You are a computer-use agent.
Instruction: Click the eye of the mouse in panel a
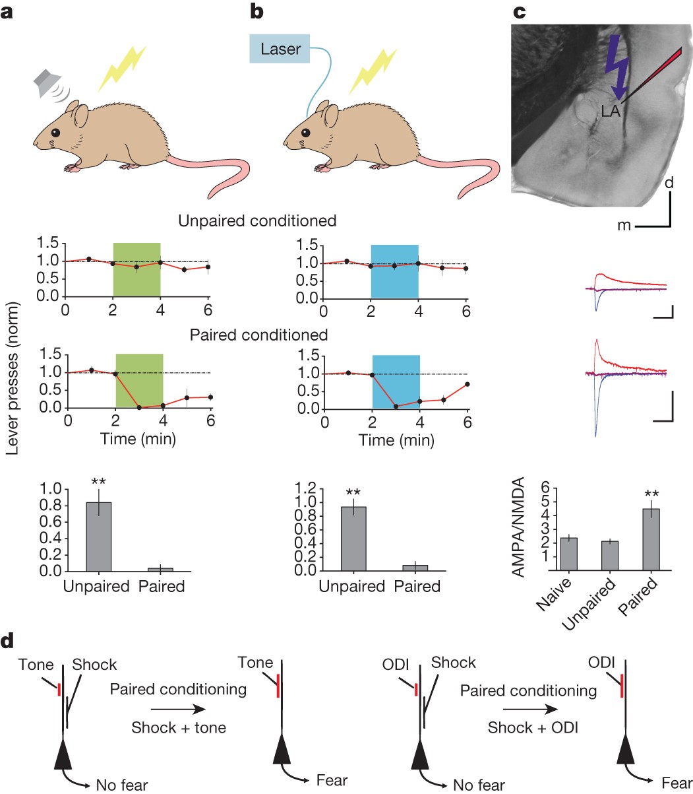(55, 132)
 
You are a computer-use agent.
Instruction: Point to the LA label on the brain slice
(611, 112)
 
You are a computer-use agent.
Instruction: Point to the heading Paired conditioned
(258, 335)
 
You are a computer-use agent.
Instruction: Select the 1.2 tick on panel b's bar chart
(303, 489)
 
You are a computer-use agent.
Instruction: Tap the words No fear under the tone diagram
(122, 785)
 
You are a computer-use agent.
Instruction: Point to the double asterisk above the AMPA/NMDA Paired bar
(651, 492)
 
